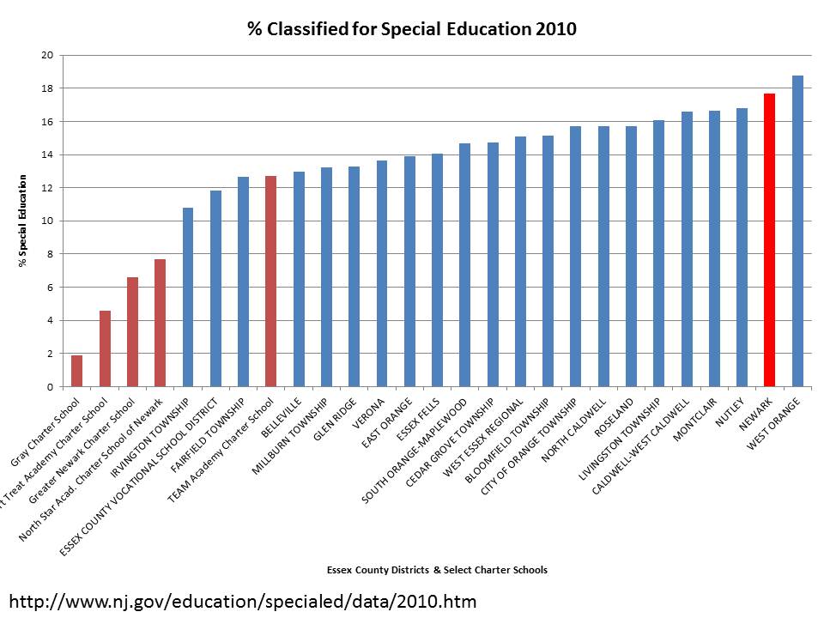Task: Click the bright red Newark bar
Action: pos(769,240)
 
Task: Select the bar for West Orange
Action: pos(797,232)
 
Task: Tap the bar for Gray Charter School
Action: pos(77,371)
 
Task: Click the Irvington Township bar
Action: pos(188,297)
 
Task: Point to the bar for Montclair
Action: pos(714,249)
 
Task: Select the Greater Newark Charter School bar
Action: pos(132,332)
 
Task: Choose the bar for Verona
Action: pos(382,274)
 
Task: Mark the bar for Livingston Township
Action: pos(659,253)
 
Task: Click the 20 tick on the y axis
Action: pos(47,56)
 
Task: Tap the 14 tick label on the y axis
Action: pos(47,155)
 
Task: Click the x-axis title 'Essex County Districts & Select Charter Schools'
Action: pos(437,570)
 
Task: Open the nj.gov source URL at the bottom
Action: pos(242,599)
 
